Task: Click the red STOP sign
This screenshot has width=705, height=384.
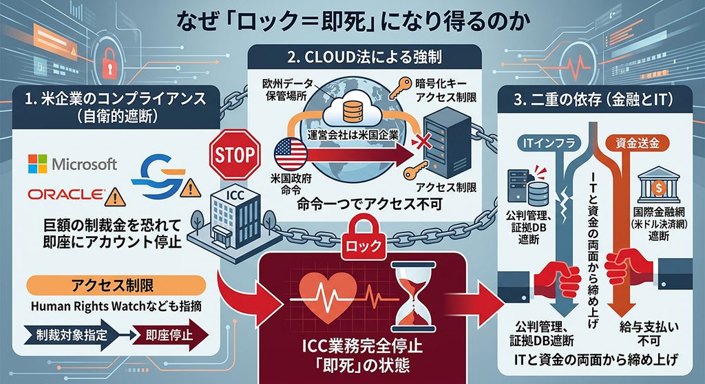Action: pyautogui.click(x=235, y=155)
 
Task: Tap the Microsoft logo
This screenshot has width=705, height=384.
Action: pyautogui.click(x=72, y=164)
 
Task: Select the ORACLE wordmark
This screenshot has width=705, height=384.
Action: pyautogui.click(x=66, y=194)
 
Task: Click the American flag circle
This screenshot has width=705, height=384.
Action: pyautogui.click(x=291, y=153)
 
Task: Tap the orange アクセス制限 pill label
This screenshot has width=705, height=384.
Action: pyautogui.click(x=116, y=286)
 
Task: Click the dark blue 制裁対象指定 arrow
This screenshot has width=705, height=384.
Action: pyautogui.click(x=72, y=335)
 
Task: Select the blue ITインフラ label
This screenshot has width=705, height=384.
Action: pyautogui.click(x=549, y=143)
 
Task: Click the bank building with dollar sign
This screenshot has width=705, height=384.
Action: pyautogui.click(x=658, y=185)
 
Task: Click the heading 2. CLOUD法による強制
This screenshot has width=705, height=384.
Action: pyautogui.click(x=365, y=57)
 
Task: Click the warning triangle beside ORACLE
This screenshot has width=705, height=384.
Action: pyautogui.click(x=115, y=197)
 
